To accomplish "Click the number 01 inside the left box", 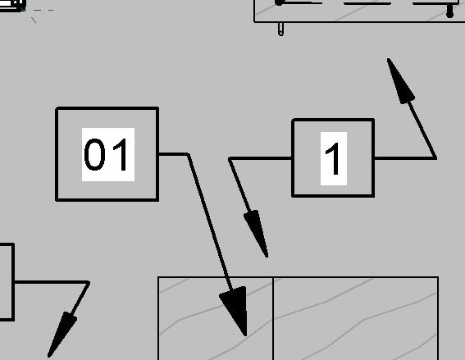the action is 106,154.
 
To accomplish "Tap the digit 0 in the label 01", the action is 94,154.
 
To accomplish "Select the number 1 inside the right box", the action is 333,158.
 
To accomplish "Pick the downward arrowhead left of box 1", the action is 257,233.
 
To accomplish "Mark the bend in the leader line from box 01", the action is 188,154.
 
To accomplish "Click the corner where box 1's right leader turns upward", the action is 435,158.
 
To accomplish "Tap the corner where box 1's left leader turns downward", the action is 230,159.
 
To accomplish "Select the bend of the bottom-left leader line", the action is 89,282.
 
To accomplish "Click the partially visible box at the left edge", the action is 13,282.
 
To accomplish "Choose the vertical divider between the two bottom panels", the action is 272,319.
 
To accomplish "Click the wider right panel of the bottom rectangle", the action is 355,319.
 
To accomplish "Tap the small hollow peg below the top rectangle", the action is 280,29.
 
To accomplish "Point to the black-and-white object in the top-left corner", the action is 12,6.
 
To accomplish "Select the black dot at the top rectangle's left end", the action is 279,2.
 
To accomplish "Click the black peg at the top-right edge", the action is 450,11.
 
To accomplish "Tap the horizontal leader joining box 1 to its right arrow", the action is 405,158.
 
